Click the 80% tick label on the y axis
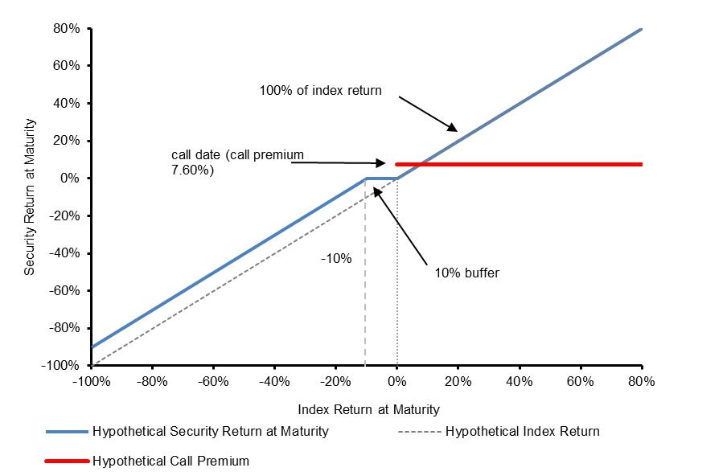[x=67, y=29]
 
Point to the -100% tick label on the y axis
[x=60, y=365]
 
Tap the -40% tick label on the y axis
[x=64, y=253]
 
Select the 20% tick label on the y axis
[x=67, y=141]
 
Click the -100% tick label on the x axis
[x=92, y=381]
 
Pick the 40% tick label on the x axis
[x=520, y=381]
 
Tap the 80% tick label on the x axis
[x=642, y=381]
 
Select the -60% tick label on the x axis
[x=213, y=381]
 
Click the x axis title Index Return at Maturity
[x=368, y=410]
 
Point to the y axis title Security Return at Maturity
[x=29, y=197]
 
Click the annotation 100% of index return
[x=320, y=90]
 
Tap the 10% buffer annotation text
[x=467, y=273]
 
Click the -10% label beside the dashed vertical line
[x=336, y=258]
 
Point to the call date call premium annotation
[x=238, y=162]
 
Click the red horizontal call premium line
[x=519, y=164]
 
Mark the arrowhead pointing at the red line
[x=381, y=162]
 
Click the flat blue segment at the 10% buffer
[x=381, y=178]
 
